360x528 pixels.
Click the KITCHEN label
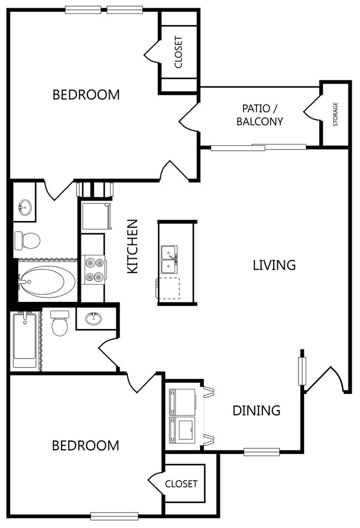click(133, 246)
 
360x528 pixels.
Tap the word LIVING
click(274, 265)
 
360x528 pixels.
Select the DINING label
click(256, 411)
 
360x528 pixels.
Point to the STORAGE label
click(336, 114)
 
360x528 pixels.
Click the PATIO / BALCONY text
click(260, 115)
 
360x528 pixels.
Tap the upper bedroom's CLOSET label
click(178, 52)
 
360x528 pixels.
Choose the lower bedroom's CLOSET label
click(181, 484)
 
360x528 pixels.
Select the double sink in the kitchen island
click(169, 260)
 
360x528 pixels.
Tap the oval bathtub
click(47, 282)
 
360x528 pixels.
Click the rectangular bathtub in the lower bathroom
click(24, 340)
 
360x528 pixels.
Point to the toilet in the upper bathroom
click(27, 240)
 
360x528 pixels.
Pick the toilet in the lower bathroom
click(60, 323)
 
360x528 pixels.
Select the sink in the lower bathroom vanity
click(93, 318)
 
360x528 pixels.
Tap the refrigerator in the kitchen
click(97, 216)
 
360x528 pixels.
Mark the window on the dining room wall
click(261, 452)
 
